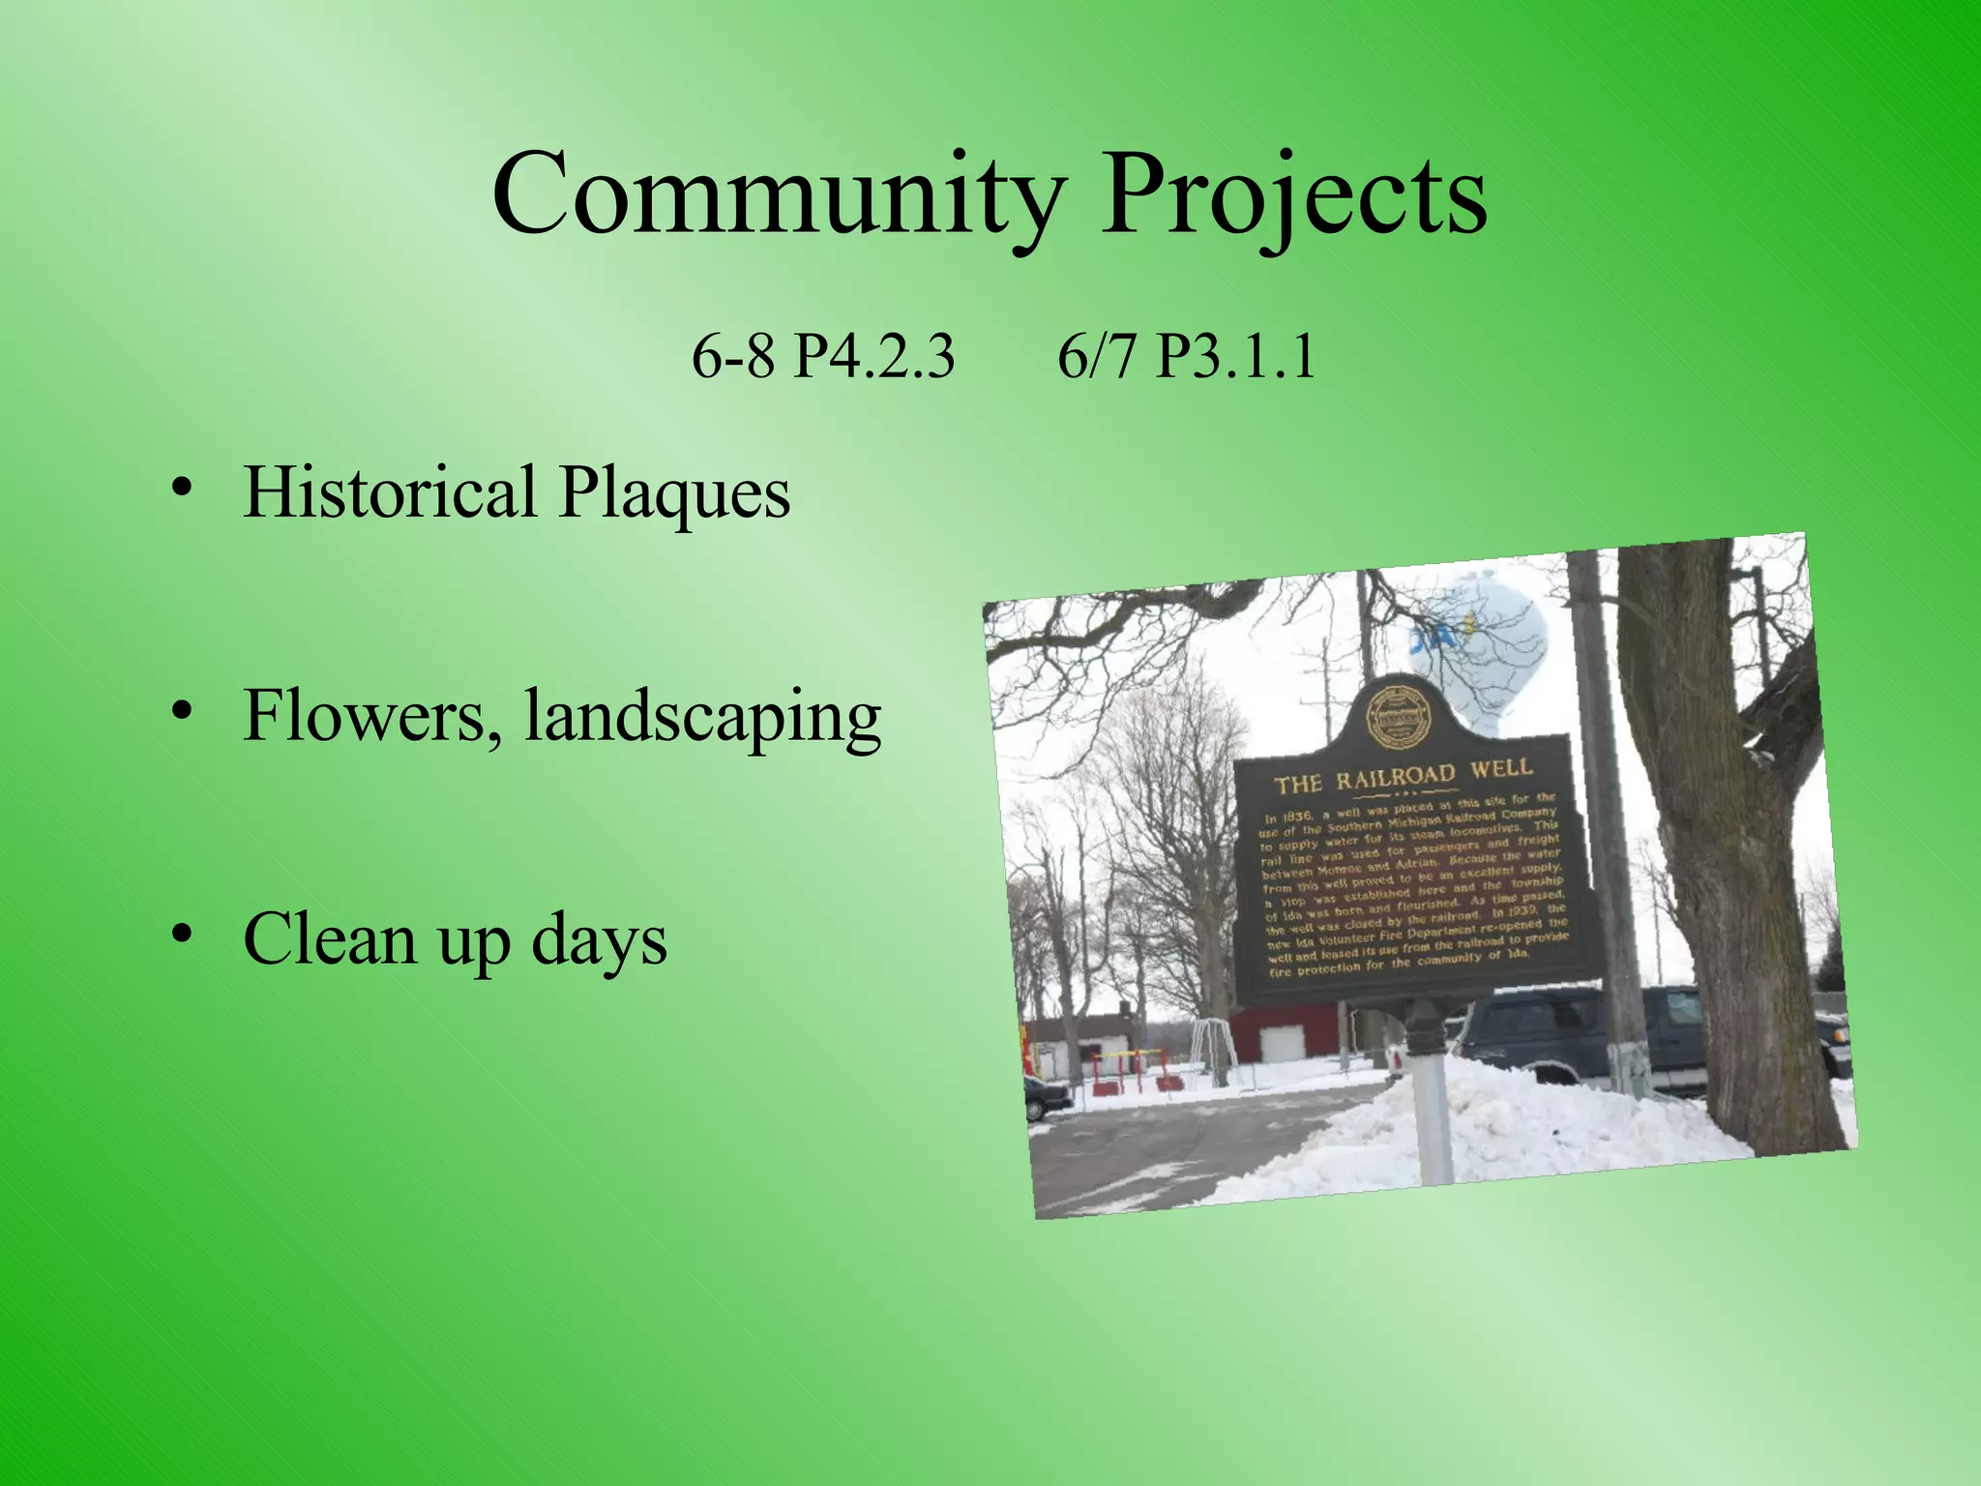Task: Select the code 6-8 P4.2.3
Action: pyautogui.click(x=822, y=356)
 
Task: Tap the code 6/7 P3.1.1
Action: pyautogui.click(x=1186, y=356)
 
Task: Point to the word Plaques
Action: pyautogui.click(x=674, y=493)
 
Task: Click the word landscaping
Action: pyautogui.click(x=702, y=718)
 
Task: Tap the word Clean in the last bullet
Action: pyautogui.click(x=329, y=938)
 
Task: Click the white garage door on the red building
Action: pyautogui.click(x=1283, y=1043)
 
